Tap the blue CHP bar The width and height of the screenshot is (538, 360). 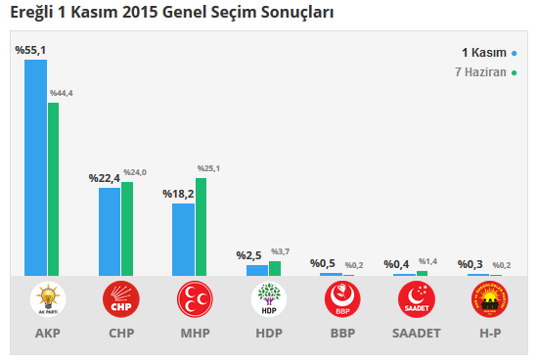pos(110,231)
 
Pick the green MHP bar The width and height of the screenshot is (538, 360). pos(201,226)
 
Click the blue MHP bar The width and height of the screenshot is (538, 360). pos(183,239)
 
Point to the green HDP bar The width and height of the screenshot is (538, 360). pos(275,268)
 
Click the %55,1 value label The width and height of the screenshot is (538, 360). pos(29,49)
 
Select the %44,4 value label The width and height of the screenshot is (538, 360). pos(62,93)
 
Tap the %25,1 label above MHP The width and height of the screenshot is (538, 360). pos(207,168)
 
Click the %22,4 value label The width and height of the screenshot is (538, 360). pos(104,178)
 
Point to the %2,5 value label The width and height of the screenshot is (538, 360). pos(248,255)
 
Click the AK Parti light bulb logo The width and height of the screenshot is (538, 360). pos(48,299)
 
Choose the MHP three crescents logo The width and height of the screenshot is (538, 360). pos(196,299)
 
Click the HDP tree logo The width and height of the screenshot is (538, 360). pos(269,299)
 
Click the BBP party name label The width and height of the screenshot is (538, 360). pos(342,334)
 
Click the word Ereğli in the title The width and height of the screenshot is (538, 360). pos(30,13)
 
